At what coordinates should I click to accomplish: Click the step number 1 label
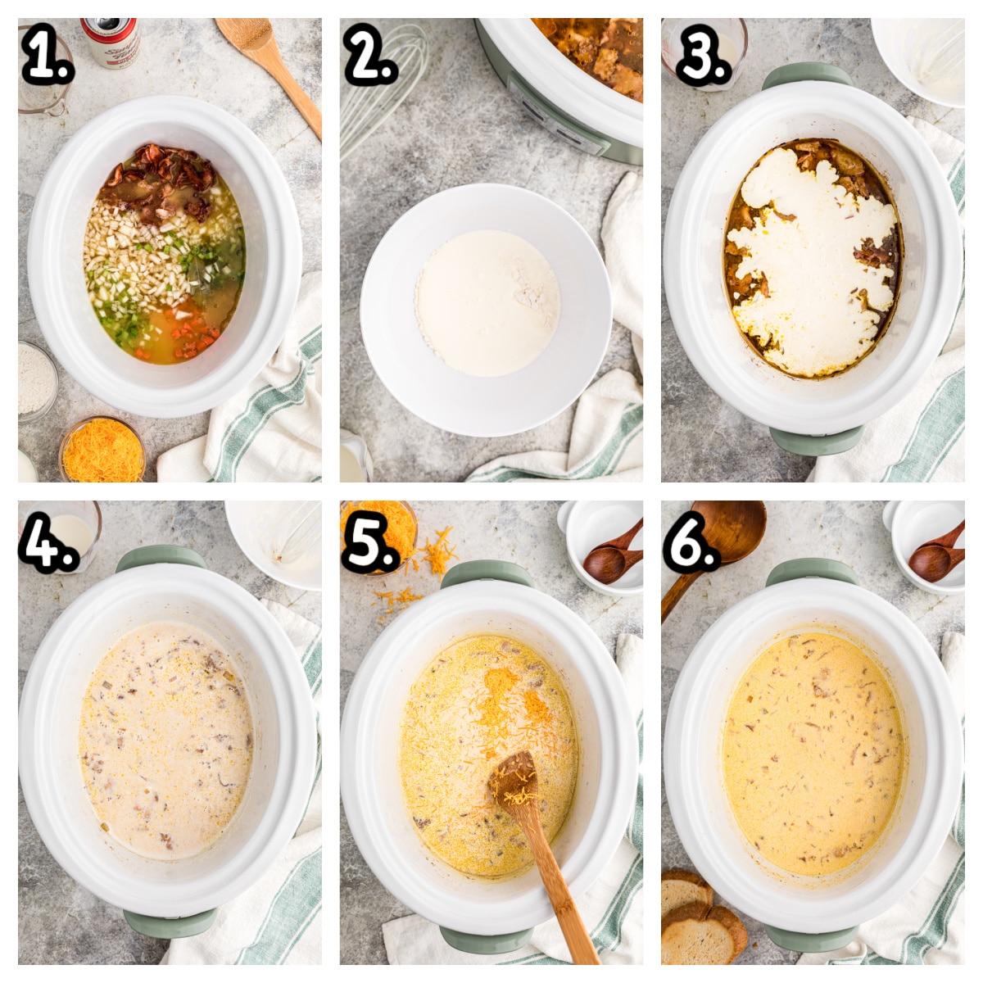(48, 56)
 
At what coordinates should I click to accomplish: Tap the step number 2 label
(371, 56)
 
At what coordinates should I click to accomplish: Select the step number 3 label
(704, 56)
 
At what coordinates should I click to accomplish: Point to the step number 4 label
(48, 541)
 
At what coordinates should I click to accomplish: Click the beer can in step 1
(111, 41)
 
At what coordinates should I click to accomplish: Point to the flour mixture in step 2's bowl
(487, 302)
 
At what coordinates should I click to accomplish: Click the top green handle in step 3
(807, 76)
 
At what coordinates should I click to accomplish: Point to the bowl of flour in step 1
(37, 381)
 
